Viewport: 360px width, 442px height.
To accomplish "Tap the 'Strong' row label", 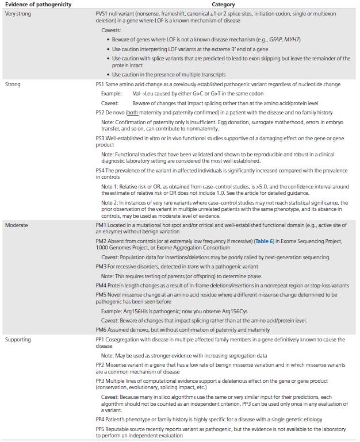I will pyautogui.click(x=12, y=84).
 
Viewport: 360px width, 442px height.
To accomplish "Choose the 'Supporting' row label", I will pyautogui.click(x=18, y=340).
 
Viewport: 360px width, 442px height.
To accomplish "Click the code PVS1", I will pyautogui.click(x=102, y=13).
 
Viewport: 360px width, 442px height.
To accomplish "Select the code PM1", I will pyautogui.click(x=101, y=226).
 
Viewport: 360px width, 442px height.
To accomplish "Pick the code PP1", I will pyautogui.click(x=101, y=340).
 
